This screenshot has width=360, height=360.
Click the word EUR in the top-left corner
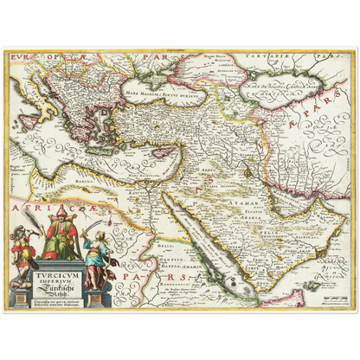19,55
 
